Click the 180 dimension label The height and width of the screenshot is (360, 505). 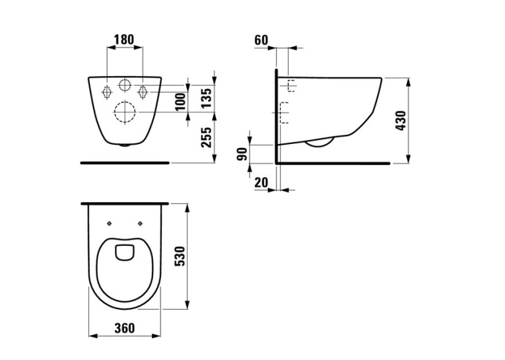[x=124, y=40]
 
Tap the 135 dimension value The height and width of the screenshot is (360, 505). [x=207, y=98]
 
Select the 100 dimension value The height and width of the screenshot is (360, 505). [x=182, y=101]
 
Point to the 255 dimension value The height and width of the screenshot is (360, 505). [x=207, y=137]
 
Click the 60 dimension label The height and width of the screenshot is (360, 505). [x=261, y=40]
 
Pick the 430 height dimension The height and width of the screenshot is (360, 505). [x=401, y=120]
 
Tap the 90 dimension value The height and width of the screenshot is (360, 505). [x=242, y=154]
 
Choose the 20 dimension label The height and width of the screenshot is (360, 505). [x=261, y=183]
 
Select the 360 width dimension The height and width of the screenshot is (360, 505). [x=124, y=328]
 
